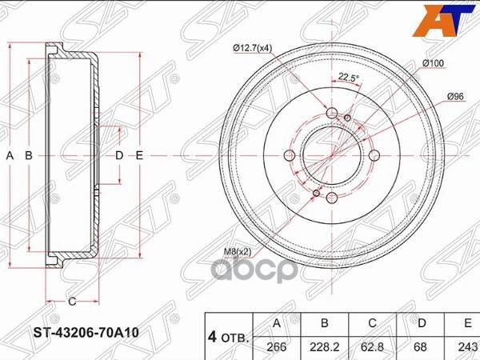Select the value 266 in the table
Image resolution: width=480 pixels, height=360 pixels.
278,346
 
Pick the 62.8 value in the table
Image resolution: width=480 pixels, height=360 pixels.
373,346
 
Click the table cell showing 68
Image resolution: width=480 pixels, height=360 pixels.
421,346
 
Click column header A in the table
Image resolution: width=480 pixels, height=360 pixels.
278,323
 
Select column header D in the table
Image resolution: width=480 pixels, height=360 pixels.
421,323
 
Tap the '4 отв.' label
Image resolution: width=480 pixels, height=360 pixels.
229,335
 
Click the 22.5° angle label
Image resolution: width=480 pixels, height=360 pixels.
348,78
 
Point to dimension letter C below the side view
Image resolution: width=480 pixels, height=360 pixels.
71,302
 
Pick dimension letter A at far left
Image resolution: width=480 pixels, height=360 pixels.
10,155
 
